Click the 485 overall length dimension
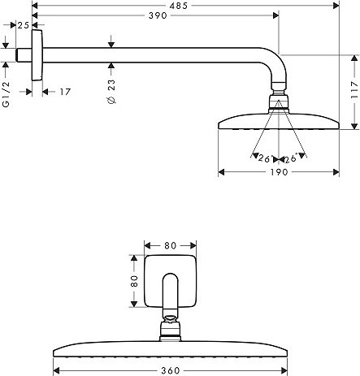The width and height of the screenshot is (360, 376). (x=179, y=6)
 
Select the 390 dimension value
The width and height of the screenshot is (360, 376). (x=158, y=15)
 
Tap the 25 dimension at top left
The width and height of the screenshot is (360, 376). (x=24, y=25)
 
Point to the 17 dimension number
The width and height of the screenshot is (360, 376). (x=65, y=92)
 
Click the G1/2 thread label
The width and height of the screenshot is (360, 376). (x=6, y=94)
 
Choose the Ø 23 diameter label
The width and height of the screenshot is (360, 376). (x=111, y=92)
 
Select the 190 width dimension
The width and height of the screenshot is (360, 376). (x=279, y=172)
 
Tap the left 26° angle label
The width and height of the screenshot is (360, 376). (x=264, y=158)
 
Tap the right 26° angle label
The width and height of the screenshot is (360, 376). (x=291, y=158)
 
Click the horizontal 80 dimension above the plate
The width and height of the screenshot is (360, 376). (x=170, y=245)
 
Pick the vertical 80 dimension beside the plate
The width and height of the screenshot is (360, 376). (x=134, y=281)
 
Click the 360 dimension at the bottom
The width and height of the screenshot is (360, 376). (x=171, y=370)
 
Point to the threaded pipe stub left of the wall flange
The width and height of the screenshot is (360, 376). (x=24, y=55)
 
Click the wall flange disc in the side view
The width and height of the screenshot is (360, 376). (x=37, y=55)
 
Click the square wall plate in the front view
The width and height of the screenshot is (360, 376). (x=171, y=281)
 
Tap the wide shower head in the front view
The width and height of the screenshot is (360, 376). (x=170, y=349)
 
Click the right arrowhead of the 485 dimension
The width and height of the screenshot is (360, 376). (x=336, y=6)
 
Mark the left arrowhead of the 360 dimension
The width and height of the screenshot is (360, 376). (x=56, y=370)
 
